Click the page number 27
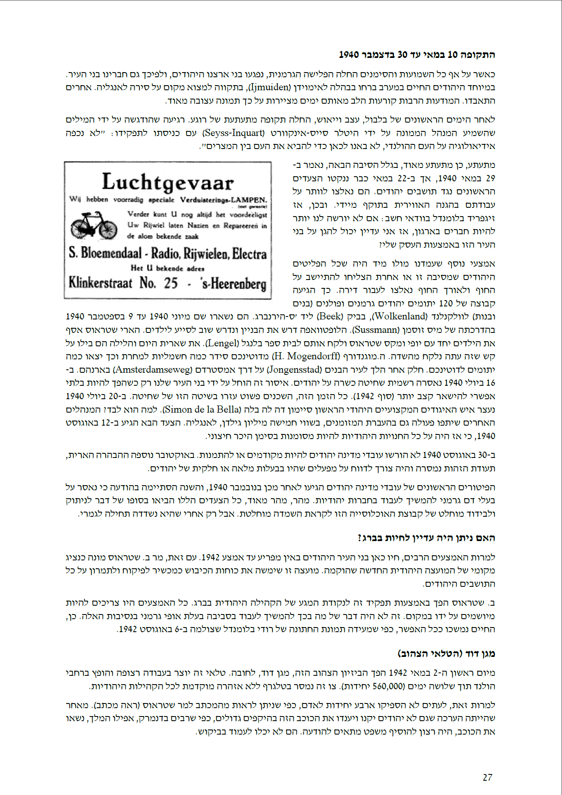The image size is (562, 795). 487,777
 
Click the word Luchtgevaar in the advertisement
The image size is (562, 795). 167,183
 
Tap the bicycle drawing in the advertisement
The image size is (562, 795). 94,225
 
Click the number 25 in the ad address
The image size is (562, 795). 171,283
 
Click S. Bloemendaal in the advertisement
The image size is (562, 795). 105,253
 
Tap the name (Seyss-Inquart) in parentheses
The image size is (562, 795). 234,133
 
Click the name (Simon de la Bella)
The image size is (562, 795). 202,409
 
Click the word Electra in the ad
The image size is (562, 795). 249,254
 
